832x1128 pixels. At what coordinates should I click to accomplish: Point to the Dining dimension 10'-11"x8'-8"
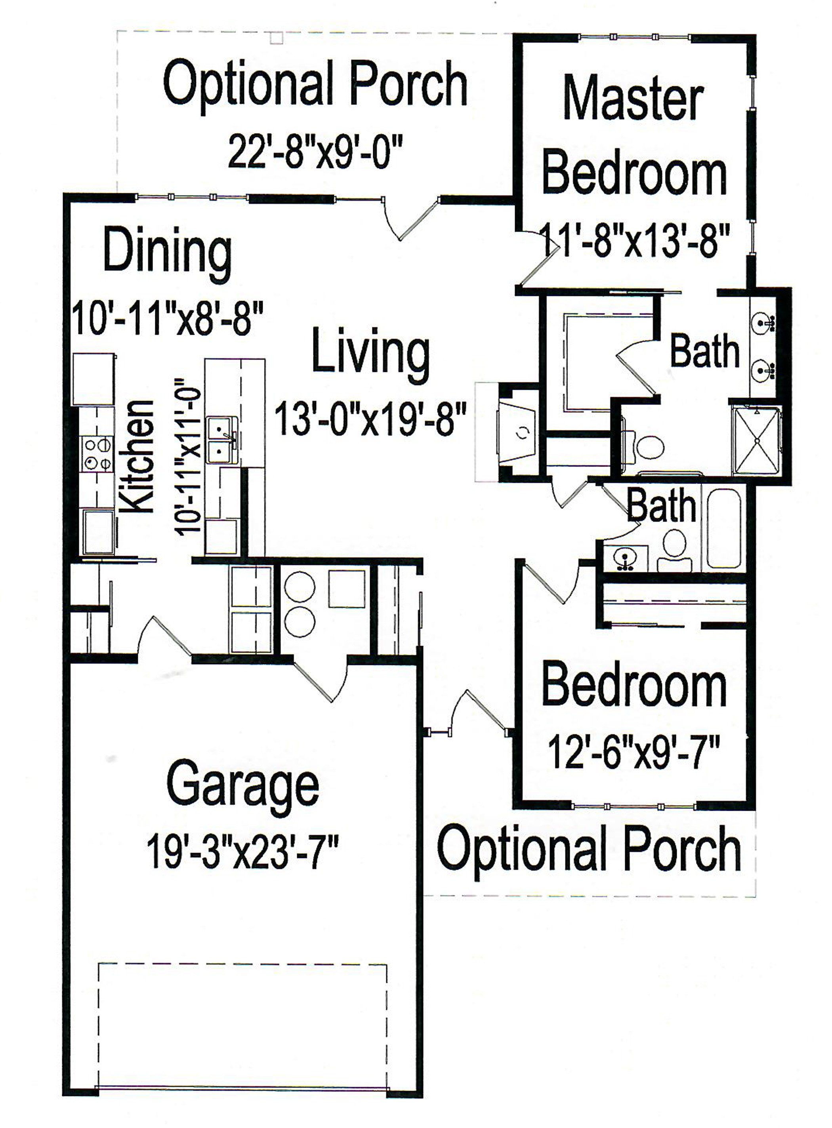coord(168,318)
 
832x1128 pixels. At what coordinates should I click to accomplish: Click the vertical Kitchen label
coord(137,457)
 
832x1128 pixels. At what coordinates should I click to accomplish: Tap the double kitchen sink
coord(221,438)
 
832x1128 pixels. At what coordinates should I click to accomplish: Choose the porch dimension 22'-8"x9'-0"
coord(316,151)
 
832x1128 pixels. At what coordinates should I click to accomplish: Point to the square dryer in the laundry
coord(347,589)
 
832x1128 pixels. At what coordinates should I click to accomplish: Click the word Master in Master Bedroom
coord(633,98)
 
